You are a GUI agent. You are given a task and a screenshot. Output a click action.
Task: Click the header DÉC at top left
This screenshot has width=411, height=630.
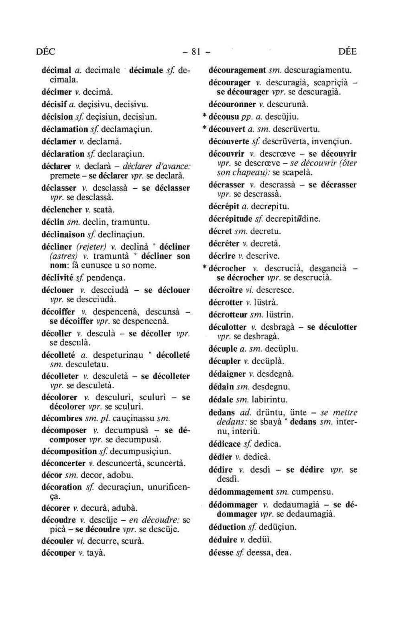45,52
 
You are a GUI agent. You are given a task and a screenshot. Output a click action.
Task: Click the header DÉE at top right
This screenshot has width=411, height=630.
347,52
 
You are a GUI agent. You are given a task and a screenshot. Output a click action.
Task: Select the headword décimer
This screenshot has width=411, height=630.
55,92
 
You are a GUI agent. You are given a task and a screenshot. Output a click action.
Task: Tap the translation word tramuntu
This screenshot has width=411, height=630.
130,222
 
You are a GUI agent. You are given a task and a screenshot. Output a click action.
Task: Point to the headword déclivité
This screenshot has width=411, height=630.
57,277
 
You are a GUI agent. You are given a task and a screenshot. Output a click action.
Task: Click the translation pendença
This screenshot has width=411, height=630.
106,278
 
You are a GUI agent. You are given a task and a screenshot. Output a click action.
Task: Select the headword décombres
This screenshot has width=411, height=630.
62,418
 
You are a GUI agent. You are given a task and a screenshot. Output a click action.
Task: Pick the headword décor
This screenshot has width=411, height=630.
52,475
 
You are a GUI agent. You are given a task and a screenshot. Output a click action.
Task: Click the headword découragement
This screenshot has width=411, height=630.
237,70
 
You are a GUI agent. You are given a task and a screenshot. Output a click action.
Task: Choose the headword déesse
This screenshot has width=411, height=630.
221,553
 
